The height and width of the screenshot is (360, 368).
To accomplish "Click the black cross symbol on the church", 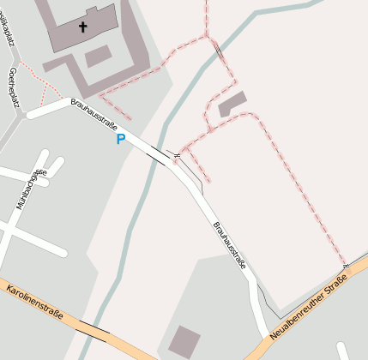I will point(83,27).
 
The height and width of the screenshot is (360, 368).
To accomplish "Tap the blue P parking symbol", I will point(121,139).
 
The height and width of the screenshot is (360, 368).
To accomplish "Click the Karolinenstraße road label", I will point(35,303).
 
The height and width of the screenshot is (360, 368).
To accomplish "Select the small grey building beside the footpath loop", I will point(232,105).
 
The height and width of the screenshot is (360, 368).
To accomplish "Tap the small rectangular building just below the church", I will point(98,57).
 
